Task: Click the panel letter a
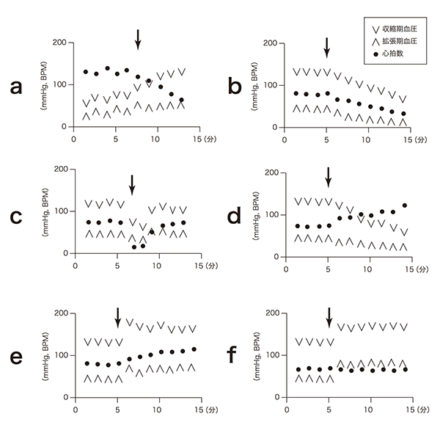[x=15, y=88]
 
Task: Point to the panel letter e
[x=15, y=357]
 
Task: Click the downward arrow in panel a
[x=137, y=40]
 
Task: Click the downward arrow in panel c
[x=132, y=184]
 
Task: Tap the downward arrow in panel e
[x=118, y=319]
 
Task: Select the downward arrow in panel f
[x=329, y=319]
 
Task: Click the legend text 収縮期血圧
[x=400, y=29]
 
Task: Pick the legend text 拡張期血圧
[x=400, y=42]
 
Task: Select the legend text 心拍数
[x=395, y=54]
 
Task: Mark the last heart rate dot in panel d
[x=404, y=205]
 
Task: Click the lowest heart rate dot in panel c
[x=134, y=247]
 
